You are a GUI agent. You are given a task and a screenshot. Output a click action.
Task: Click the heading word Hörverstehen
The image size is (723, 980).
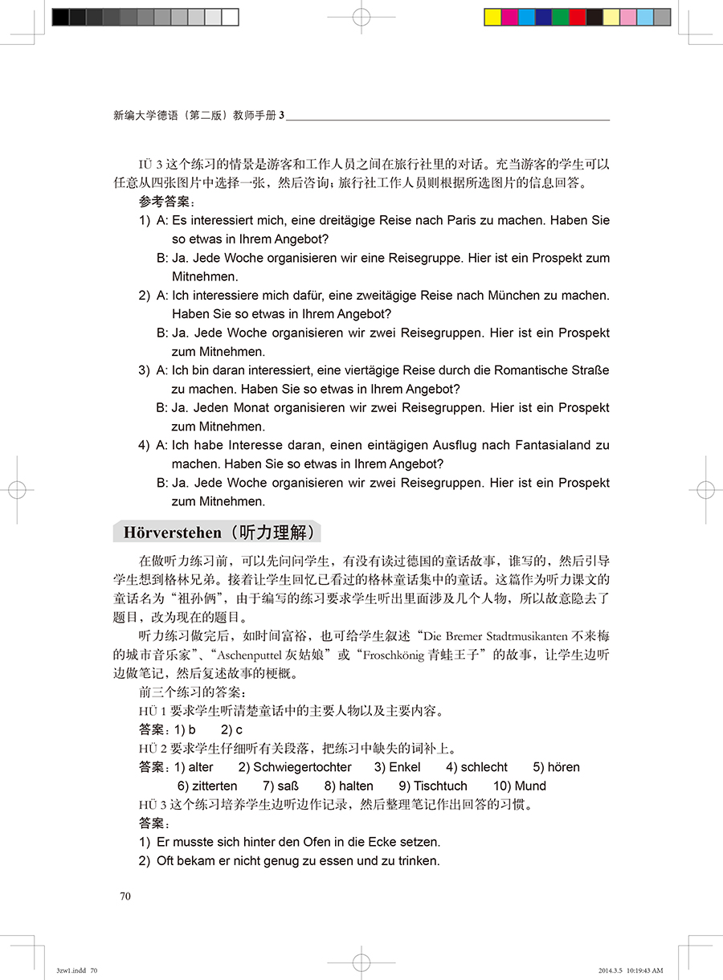[172, 533]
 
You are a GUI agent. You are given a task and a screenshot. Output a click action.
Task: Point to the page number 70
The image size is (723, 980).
[125, 896]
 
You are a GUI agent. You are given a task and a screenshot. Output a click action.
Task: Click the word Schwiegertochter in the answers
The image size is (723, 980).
[303, 767]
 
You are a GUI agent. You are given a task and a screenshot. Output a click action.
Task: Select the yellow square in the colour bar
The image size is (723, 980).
[492, 18]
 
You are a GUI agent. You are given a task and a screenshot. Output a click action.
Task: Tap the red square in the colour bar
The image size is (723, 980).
[578, 18]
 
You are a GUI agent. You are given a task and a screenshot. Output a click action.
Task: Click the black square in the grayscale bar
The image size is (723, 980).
[60, 18]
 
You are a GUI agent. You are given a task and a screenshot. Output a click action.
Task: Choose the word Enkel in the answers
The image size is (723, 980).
[405, 767]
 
